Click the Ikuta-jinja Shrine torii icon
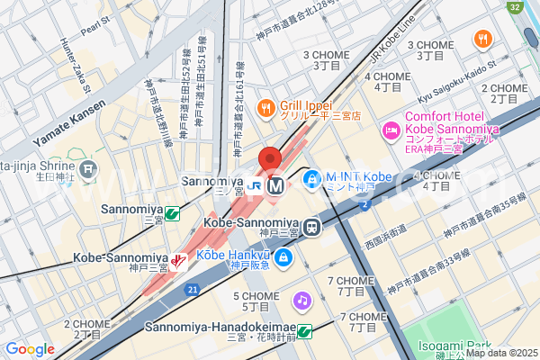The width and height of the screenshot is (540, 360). [88, 168]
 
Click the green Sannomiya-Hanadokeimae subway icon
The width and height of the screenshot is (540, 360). [304, 331]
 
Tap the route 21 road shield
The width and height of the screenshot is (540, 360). [193, 289]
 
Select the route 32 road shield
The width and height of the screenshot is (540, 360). [514, 7]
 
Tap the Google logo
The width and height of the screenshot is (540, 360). [30, 349]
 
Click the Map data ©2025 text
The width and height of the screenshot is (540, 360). [500, 353]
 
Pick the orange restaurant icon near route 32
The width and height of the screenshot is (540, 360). [483, 39]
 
